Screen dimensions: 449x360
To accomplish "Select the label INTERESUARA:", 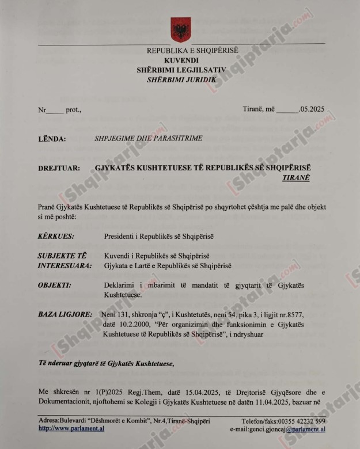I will (x=65, y=265).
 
